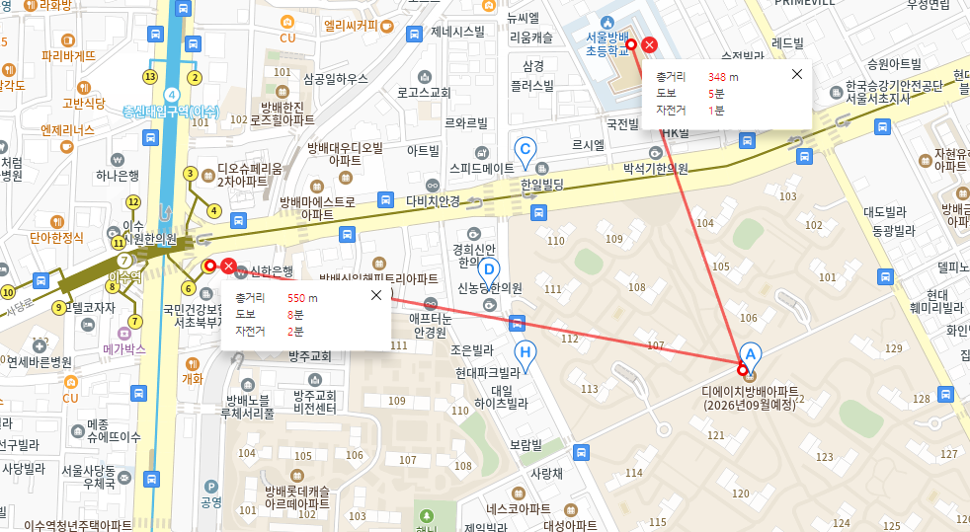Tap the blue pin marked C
(526, 150)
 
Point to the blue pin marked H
(526, 353)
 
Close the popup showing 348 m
(797, 74)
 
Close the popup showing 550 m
(375, 295)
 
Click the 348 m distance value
(723, 76)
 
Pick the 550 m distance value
(302, 297)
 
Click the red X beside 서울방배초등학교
(649, 44)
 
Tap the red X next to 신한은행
(228, 266)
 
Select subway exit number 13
(151, 76)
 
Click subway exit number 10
(9, 292)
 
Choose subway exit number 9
(59, 308)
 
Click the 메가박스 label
(124, 349)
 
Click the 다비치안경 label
(433, 200)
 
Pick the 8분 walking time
(293, 314)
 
